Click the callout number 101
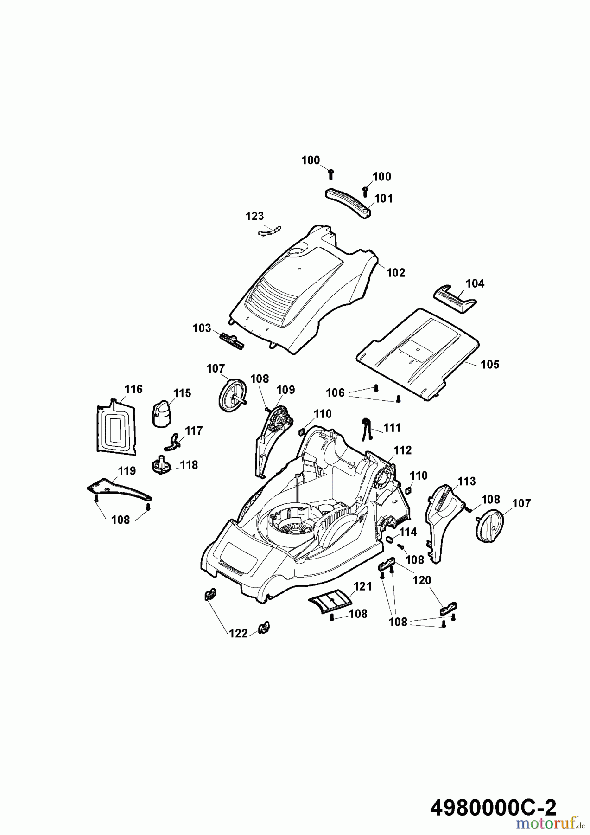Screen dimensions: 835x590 tap(383, 199)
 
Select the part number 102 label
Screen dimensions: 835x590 tap(396, 273)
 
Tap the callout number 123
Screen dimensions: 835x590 tap(254, 216)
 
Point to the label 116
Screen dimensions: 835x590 tap(133, 389)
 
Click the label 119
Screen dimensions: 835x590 tap(126, 471)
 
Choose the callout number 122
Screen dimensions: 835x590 tap(239, 633)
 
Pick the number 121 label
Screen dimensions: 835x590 tap(362, 586)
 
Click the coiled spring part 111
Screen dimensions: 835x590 tap(367, 428)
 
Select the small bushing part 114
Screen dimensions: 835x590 tap(390, 540)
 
